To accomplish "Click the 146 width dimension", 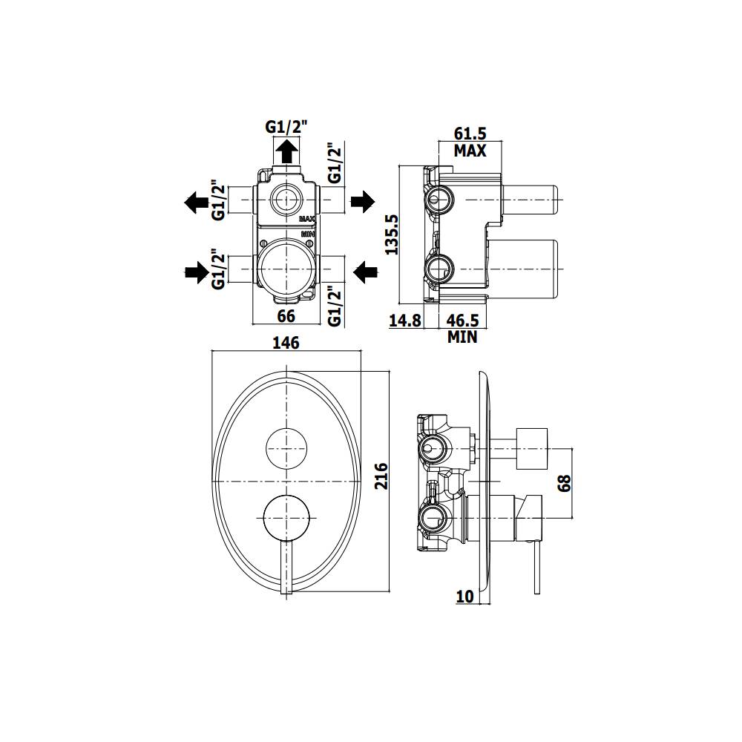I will click(x=286, y=343).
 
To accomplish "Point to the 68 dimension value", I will click(x=564, y=484).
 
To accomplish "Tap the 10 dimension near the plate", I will click(x=465, y=597).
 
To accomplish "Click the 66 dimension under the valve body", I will click(x=286, y=316).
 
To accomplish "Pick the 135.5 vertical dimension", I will click(x=393, y=234).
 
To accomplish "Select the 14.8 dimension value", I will click(x=405, y=321).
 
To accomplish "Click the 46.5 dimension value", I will click(x=462, y=321).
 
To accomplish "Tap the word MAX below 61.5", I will click(x=470, y=151).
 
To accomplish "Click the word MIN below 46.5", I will click(x=462, y=338).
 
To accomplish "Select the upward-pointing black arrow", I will click(x=286, y=154).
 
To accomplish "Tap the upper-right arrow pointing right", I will click(x=363, y=201).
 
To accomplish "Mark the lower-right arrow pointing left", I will click(x=364, y=272).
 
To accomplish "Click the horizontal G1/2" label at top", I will click(x=286, y=127).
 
